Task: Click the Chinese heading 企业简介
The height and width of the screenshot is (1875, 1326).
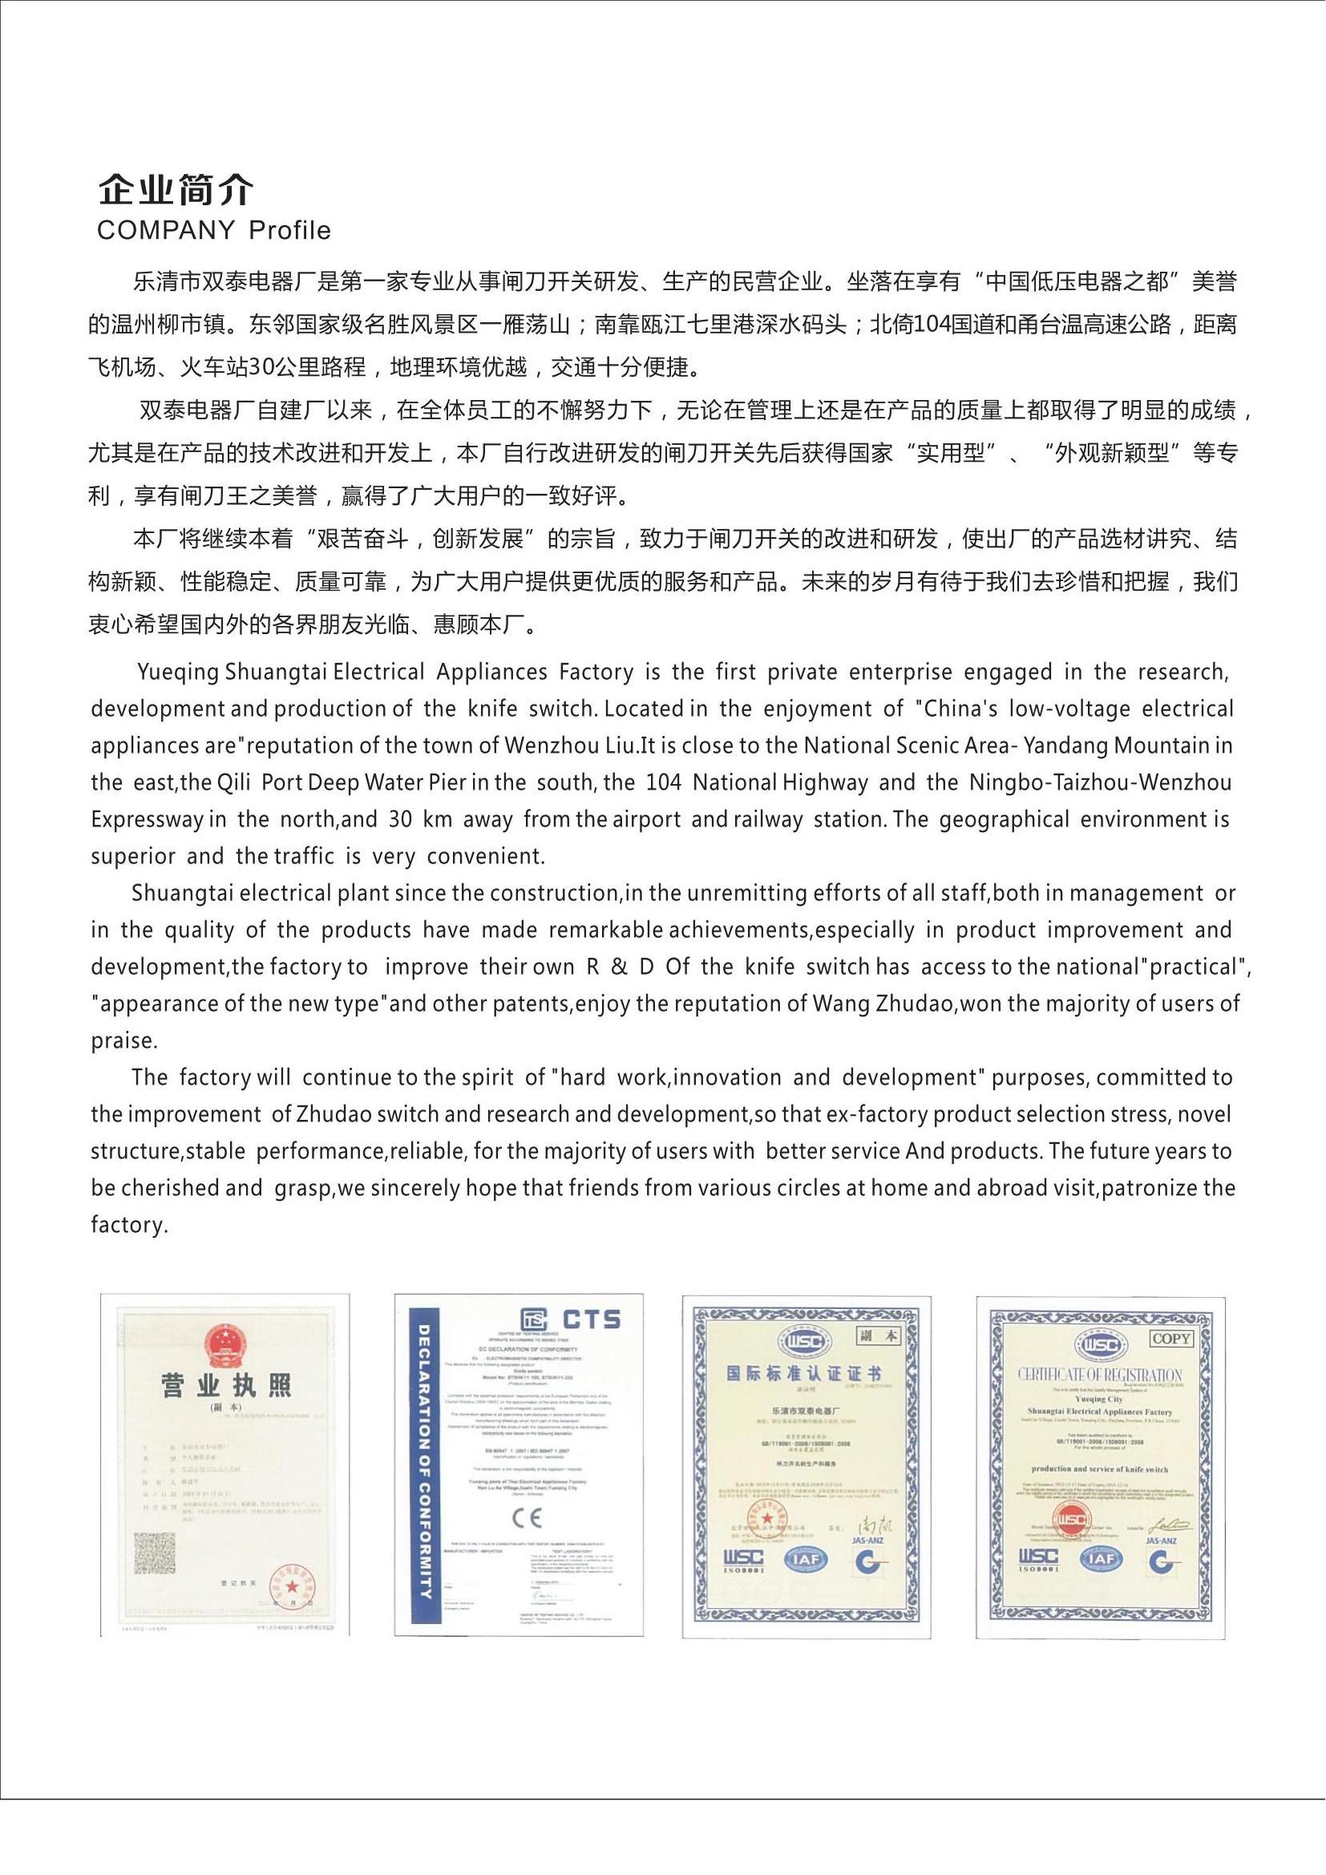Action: pos(176,190)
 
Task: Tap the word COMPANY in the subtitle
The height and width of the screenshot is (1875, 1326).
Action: pos(166,231)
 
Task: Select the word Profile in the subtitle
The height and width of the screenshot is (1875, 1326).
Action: pos(290,231)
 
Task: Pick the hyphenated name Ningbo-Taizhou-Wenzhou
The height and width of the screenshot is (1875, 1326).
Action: pos(1100,782)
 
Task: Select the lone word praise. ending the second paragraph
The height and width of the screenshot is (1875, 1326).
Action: pos(123,1041)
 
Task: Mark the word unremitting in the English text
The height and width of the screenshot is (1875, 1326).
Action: pos(748,893)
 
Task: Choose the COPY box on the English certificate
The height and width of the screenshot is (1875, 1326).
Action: pos(1170,1339)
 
